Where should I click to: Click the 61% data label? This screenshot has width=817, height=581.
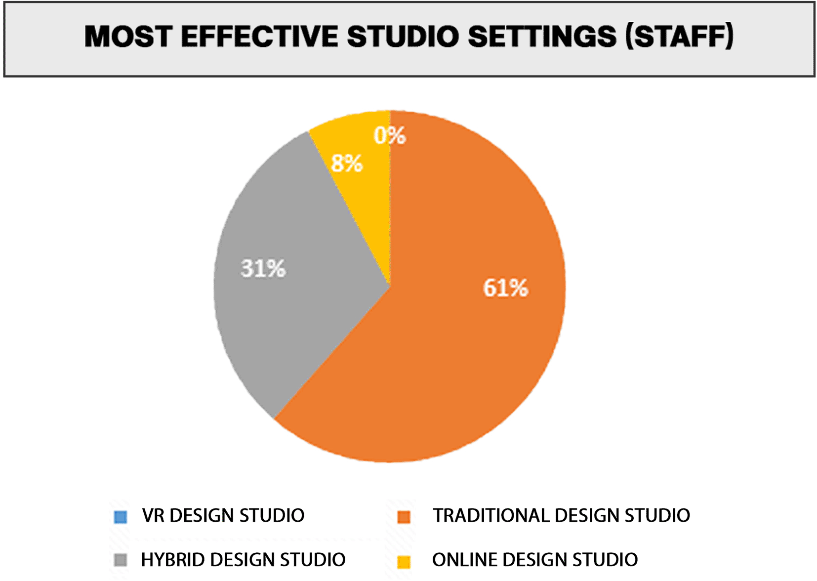505,288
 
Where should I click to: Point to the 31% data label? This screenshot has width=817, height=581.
263,268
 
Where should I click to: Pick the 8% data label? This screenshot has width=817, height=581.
347,163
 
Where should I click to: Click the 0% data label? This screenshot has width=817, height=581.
390,135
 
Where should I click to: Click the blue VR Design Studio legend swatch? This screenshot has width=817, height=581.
121,517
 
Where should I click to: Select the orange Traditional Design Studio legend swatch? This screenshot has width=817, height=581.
404,517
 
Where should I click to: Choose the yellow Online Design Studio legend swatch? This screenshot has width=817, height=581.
404,562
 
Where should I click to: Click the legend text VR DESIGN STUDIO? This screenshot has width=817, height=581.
223,515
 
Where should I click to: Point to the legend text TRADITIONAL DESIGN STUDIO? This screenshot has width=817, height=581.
561,515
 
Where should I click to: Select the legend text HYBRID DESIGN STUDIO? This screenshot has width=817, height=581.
244,559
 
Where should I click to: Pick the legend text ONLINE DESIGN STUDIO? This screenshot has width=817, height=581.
534,559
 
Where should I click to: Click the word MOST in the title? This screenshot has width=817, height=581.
128,37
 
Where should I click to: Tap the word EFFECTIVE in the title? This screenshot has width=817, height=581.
259,37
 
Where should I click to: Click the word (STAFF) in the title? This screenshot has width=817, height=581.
679,36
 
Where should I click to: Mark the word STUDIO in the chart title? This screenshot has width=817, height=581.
403,37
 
